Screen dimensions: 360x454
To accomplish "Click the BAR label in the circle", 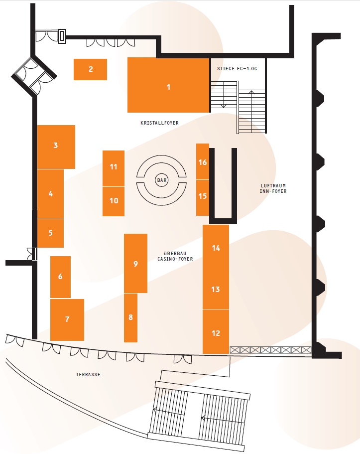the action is pos(162,180).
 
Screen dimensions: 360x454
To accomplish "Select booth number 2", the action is pos(90,69).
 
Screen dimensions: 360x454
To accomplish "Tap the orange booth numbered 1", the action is pos(168,85).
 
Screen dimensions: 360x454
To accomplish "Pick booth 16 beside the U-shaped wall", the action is pos(203,161).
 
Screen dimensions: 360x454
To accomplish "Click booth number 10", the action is pos(114,201).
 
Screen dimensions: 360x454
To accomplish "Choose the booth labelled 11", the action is pos(114,168).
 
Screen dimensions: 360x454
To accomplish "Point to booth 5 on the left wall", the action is pos(51,233).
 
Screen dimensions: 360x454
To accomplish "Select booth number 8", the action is pos(130,317).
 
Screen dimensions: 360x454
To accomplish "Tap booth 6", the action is pos(60,277).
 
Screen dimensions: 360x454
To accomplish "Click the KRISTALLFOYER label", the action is pos(159,123).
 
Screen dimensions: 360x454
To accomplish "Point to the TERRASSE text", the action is pos(88,374).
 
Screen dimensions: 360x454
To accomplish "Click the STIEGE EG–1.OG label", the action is pos(237,69).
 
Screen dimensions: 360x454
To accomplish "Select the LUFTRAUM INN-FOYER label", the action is pos(273,188).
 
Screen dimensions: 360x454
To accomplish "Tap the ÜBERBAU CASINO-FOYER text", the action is pos(175,256).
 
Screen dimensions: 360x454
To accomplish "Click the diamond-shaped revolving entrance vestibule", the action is pos(34,76).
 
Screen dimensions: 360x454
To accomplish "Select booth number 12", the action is pos(216,332).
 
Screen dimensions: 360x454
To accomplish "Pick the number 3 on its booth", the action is pos(56,145).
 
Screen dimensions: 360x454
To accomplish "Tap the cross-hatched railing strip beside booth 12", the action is pos(270,350).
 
